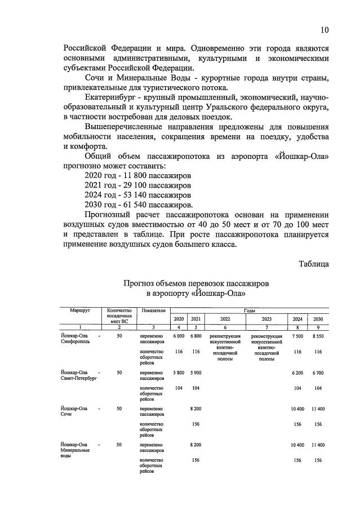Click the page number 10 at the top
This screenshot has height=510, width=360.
tap(325, 30)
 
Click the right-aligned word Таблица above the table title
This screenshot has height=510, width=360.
tap(310, 263)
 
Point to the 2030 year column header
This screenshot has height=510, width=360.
tap(318, 319)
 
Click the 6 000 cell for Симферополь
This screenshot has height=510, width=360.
tap(179, 336)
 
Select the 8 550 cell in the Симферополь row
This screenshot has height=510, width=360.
tap(318, 336)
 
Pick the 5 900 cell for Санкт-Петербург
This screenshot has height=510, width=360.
tap(195, 373)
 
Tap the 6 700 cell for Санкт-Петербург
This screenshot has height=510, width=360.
tap(318, 373)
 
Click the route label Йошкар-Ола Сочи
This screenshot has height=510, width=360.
tap(74, 410)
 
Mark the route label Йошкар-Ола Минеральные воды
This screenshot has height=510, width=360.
tap(74, 450)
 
